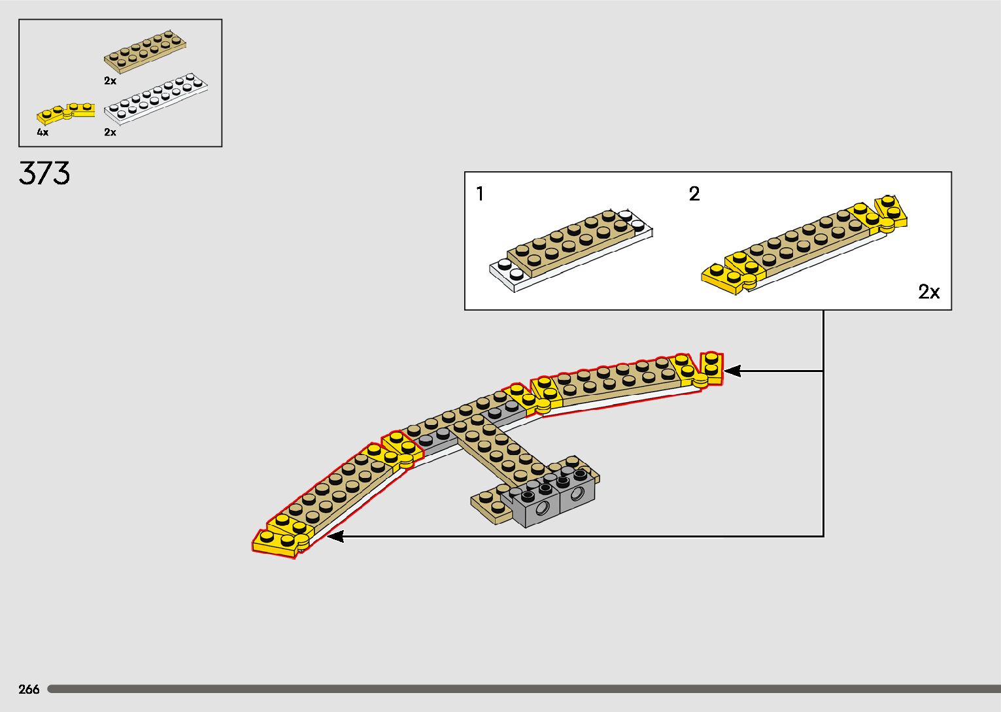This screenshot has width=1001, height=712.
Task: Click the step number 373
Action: [x=44, y=173]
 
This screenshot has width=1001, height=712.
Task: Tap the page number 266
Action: [x=29, y=689]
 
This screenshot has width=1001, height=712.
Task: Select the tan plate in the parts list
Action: [x=144, y=50]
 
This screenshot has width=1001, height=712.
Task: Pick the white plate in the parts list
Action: [x=156, y=99]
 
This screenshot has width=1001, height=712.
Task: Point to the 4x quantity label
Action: [x=42, y=133]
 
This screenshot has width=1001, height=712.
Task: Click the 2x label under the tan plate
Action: [x=110, y=81]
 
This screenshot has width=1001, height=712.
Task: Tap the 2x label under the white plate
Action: [x=110, y=132]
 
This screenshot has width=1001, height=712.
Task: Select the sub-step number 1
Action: [x=481, y=194]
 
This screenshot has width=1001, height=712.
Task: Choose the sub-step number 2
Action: [x=694, y=194]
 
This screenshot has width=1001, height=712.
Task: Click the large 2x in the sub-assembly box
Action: [x=928, y=292]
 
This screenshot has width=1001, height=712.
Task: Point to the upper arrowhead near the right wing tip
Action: [x=732, y=371]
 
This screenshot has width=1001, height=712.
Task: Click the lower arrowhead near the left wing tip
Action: [x=335, y=537]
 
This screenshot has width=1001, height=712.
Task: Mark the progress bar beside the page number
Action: [x=523, y=689]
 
